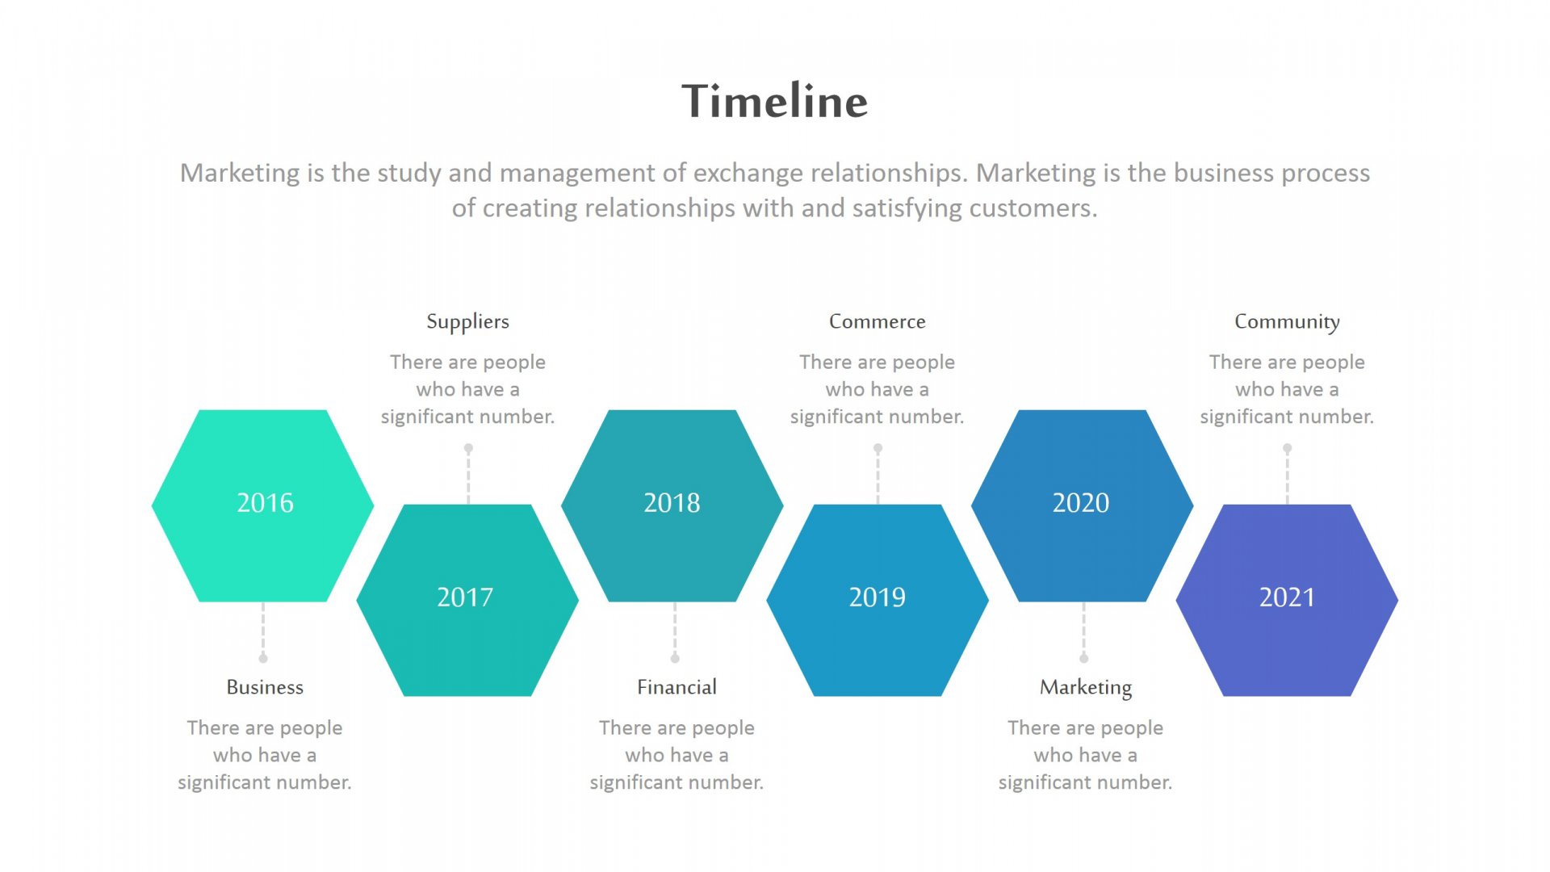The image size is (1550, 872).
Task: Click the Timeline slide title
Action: tap(774, 101)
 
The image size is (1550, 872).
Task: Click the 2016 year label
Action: tap(265, 503)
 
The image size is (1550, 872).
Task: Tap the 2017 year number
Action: tap(465, 597)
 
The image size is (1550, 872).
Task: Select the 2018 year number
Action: tap(672, 503)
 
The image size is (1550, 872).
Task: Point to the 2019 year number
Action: tap(877, 597)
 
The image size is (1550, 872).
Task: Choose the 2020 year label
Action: tap(1081, 503)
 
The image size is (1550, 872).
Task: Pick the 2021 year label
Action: tap(1287, 597)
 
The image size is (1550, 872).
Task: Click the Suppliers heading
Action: tap(467, 322)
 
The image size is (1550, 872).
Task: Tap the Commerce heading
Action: tap(878, 321)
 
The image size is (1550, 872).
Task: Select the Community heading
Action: tap(1287, 322)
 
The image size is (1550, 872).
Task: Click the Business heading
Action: tap(265, 687)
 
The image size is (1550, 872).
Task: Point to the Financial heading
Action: tap(677, 687)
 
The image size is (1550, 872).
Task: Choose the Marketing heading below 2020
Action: tap(1086, 688)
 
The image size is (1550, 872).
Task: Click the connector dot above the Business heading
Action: tap(263, 658)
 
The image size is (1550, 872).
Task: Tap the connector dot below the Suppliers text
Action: tap(468, 448)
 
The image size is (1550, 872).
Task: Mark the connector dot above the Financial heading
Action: tap(675, 658)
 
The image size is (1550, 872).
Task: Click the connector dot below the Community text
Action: tap(1288, 448)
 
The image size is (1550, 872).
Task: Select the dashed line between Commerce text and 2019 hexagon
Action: tap(878, 476)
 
